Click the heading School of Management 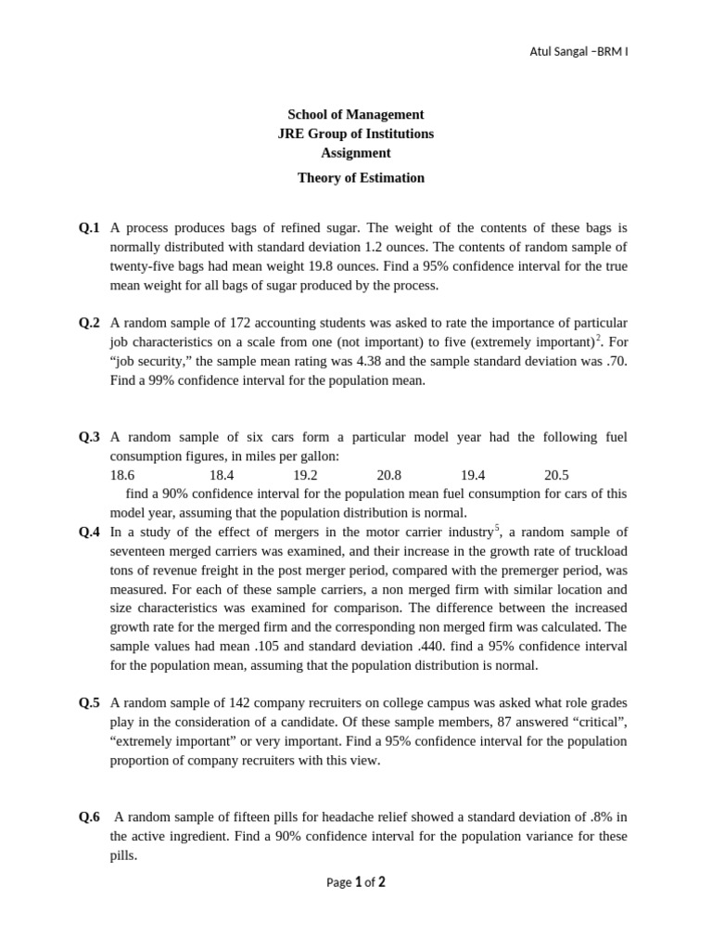[355, 114]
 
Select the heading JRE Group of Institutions [355, 134]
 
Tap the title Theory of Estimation [361, 178]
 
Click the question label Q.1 [89, 227]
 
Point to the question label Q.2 [89, 323]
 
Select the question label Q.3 [89, 437]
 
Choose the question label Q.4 [89, 533]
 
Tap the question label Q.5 [89, 702]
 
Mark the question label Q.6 [89, 817]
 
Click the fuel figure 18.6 [122, 474]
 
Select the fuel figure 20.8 [389, 474]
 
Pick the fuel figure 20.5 [556, 474]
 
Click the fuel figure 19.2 [305, 474]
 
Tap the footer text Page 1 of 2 [356, 882]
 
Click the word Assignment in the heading [355, 153]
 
